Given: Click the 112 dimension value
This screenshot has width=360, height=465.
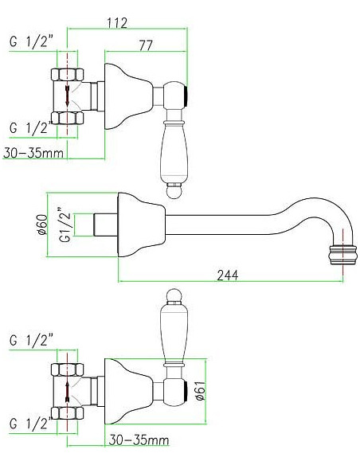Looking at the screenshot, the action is [x=117, y=23].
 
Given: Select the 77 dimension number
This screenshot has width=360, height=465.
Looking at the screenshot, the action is [x=146, y=45].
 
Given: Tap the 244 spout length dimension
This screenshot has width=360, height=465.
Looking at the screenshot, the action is [x=228, y=275].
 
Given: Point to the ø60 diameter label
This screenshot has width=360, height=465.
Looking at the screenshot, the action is [x=43, y=225].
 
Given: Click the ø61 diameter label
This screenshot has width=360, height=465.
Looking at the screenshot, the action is [x=201, y=390].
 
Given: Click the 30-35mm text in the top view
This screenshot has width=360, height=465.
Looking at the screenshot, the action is [x=33, y=153].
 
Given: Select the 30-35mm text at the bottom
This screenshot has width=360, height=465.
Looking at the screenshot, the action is [x=139, y=440].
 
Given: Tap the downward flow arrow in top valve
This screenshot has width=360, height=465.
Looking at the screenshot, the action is [x=68, y=96].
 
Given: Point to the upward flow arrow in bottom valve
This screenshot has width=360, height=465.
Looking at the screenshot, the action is [x=67, y=392].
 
